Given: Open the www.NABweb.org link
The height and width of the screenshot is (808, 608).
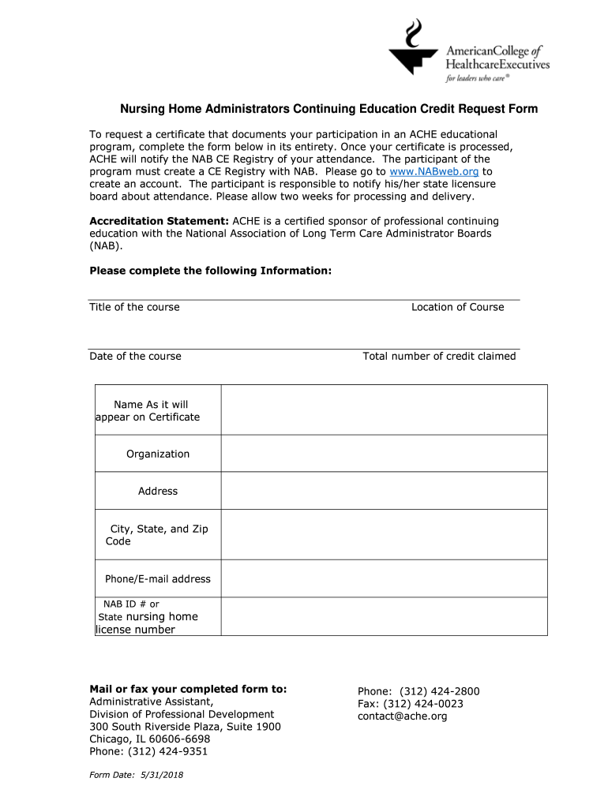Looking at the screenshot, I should pyautogui.click(x=435, y=171).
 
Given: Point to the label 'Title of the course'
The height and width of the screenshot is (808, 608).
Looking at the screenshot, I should pyautogui.click(x=134, y=307).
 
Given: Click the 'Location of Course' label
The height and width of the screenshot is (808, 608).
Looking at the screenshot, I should pyautogui.click(x=457, y=307).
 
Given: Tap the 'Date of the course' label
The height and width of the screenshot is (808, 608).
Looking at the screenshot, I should pyautogui.click(x=135, y=356).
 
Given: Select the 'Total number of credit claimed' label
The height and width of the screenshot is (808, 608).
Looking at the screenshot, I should pyautogui.click(x=439, y=356).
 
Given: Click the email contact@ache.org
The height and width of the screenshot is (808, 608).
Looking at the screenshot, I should pyautogui.click(x=403, y=716).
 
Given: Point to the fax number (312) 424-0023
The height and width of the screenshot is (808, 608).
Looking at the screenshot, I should pyautogui.click(x=423, y=704).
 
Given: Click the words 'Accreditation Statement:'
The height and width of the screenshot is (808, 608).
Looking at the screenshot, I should pyautogui.click(x=160, y=221).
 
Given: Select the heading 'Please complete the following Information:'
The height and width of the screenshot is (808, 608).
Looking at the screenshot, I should pyautogui.click(x=211, y=271).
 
